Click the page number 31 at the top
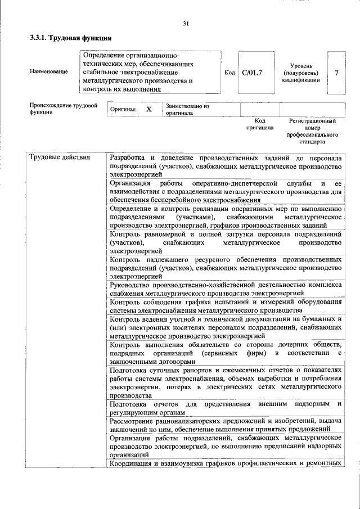[186, 23]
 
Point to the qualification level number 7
[336, 73]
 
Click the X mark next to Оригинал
[148, 109]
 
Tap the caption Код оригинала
[259, 124]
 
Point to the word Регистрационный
[313, 120]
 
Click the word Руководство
[134, 285]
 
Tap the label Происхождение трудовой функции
[63, 109]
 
